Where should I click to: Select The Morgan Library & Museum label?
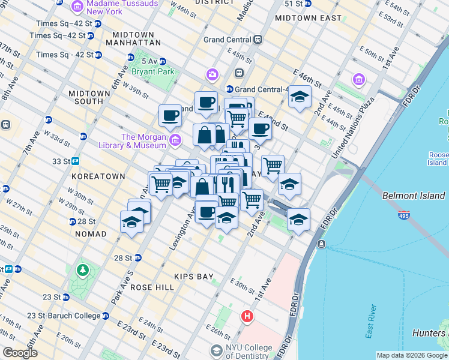143,141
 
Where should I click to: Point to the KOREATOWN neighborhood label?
98,176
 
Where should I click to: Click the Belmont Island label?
414,196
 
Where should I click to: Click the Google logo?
20,353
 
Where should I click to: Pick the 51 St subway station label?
293,4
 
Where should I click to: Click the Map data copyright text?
412,355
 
